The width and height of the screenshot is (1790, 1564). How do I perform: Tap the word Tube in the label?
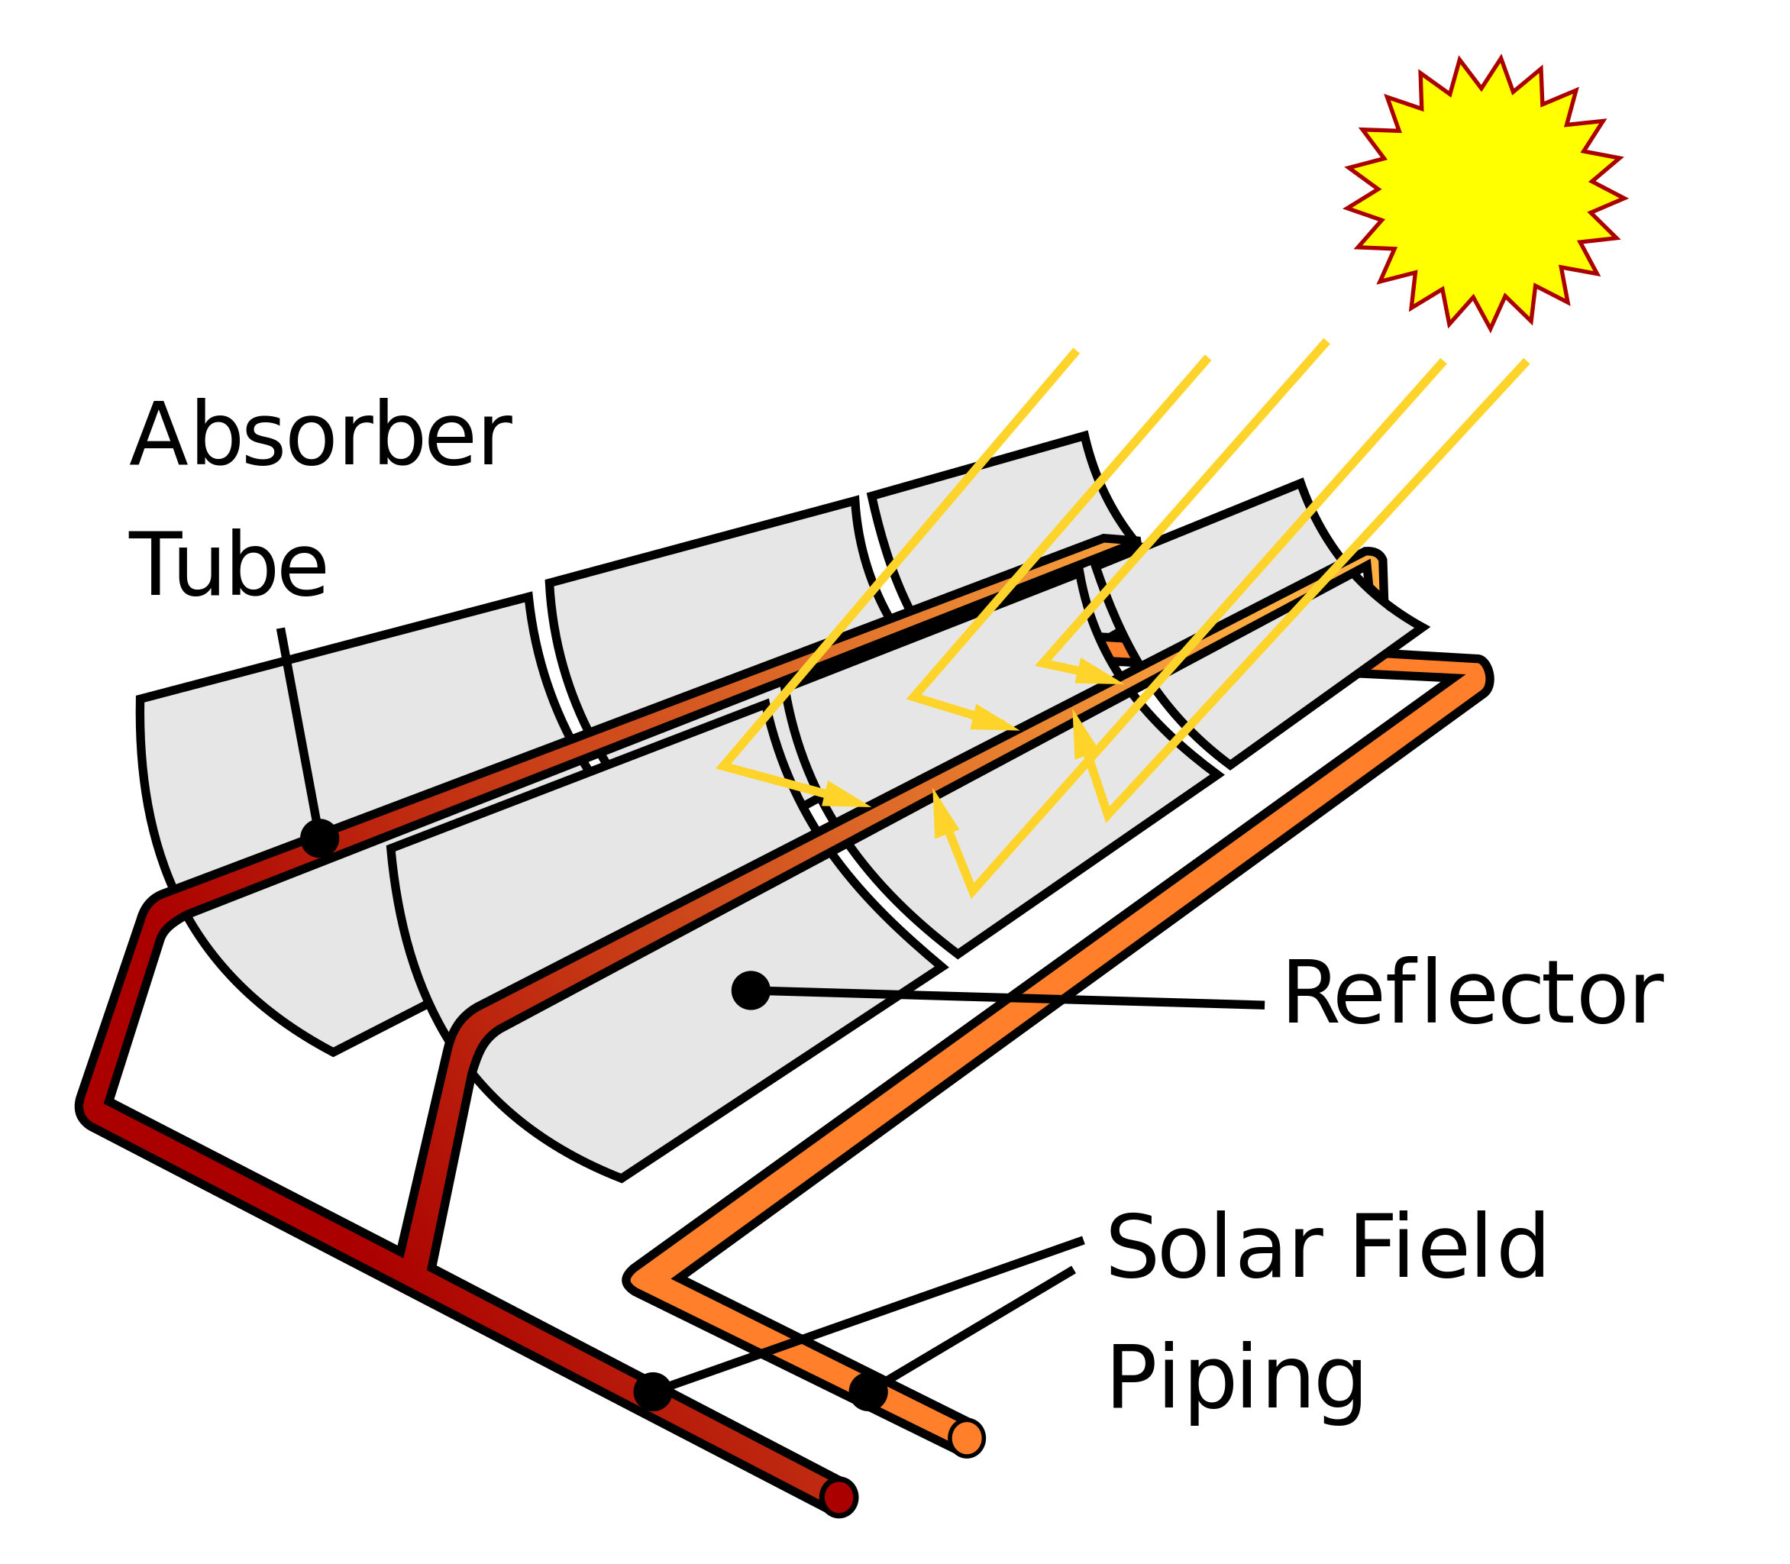coord(228,567)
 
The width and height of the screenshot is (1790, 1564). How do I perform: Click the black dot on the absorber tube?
coord(319,839)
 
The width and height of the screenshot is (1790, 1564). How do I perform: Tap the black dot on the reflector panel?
coord(750,990)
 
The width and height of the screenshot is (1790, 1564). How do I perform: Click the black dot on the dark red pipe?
coord(653,1391)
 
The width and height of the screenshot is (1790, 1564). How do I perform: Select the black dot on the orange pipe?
coord(868,1391)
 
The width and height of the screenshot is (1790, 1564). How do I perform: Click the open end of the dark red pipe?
coord(839,1498)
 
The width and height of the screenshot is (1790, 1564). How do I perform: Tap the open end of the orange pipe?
coord(966,1437)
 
